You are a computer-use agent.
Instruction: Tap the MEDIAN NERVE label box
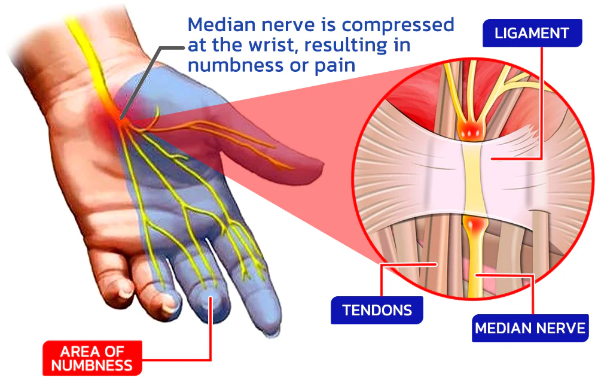point(530,328)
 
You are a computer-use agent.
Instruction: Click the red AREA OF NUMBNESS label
point(91,357)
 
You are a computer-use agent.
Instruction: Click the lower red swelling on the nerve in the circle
point(477,227)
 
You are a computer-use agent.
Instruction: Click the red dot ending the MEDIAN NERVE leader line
point(477,275)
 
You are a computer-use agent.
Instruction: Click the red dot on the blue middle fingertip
point(210,296)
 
